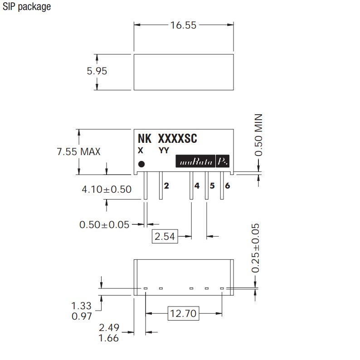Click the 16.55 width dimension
tap(183, 25)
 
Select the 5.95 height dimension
tap(97, 71)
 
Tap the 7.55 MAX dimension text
tap(78, 152)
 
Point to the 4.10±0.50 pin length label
tap(107, 190)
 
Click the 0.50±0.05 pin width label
tap(104, 225)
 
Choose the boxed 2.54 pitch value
tap(165, 236)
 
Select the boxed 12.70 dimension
tap(183, 313)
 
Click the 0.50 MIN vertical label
tap(258, 135)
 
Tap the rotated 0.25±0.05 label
tap(255, 248)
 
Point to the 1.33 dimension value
tap(81, 306)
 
